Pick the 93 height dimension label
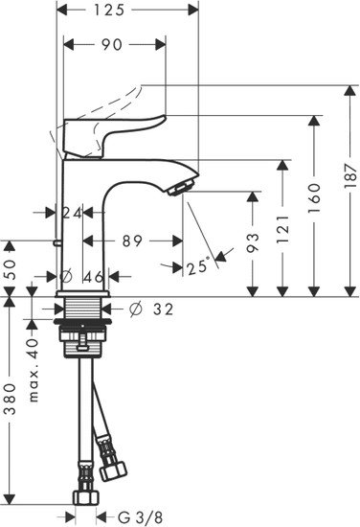(x=253, y=243)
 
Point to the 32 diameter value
(x=163, y=309)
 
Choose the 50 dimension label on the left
(x=11, y=269)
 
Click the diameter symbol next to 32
(x=136, y=309)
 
